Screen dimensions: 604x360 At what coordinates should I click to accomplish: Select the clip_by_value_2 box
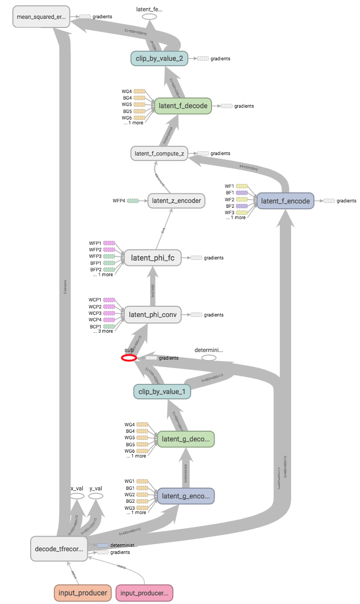pos(159,58)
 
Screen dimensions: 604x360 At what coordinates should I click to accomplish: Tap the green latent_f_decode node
pos(183,106)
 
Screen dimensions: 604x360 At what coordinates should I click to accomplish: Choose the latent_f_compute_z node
pos(159,153)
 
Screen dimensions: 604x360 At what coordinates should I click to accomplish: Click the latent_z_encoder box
pos(176,201)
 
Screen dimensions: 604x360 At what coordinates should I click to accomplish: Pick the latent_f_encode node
pos(285,201)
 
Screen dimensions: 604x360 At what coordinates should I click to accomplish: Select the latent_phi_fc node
pos(153,258)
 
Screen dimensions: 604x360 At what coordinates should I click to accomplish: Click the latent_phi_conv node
pos(153,314)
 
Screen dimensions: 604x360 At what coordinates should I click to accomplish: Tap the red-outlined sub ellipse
pos(129,357)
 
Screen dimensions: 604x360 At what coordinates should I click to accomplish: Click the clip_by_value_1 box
pos(161,391)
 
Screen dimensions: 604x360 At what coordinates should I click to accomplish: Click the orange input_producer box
pos(82,593)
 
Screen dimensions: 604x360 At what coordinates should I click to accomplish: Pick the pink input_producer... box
pos(144,593)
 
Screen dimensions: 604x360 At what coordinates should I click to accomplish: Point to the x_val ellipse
pos(77,495)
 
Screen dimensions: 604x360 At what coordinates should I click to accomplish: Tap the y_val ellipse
pos(96,495)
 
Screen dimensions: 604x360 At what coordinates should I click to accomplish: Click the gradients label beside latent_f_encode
pos(346,201)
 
